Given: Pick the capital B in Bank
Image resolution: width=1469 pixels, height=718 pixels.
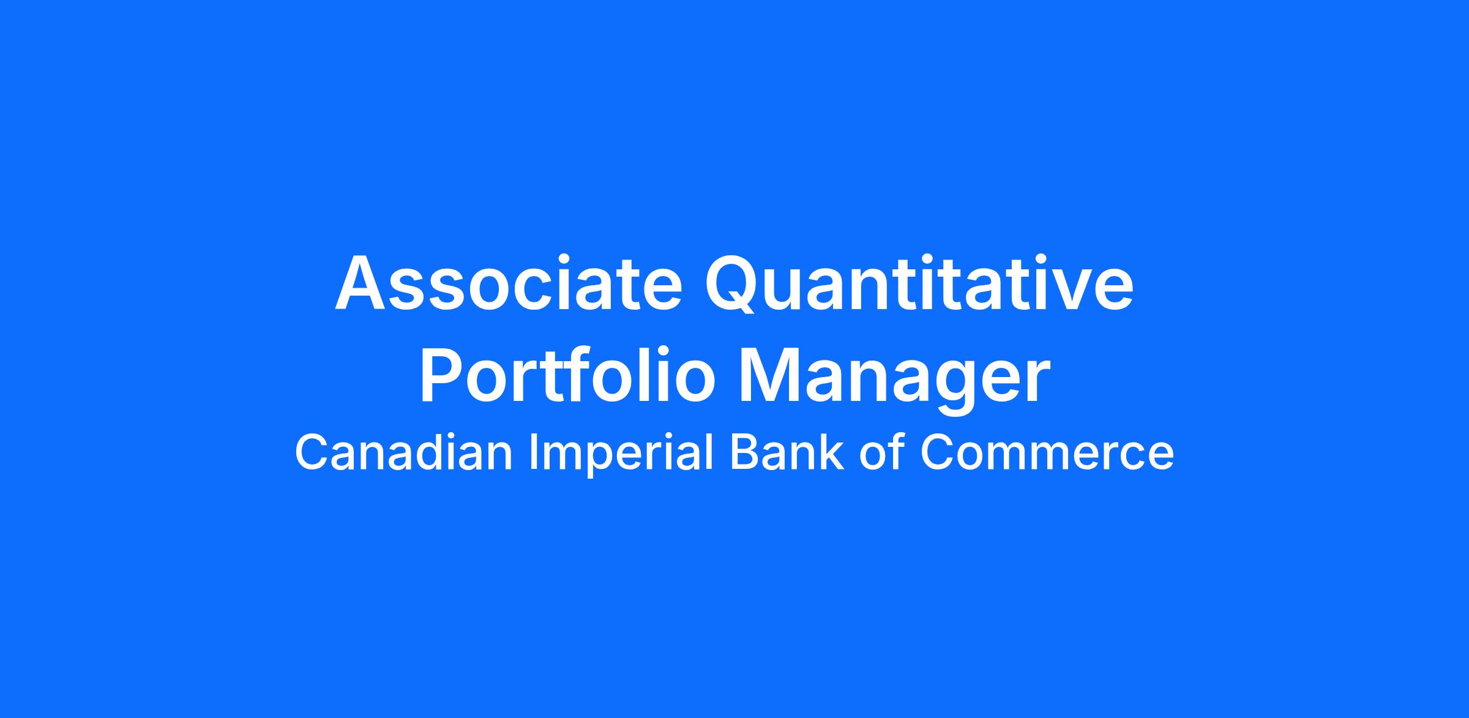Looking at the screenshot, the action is tap(743, 452).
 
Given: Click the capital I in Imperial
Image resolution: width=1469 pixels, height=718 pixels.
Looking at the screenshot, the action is tap(533, 452).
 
